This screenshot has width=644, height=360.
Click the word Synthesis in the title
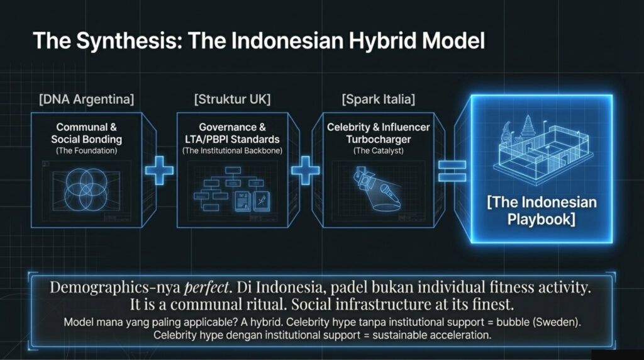coord(130,42)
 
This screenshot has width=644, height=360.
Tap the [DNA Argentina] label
coord(87,99)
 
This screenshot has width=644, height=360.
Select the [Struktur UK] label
coord(233,99)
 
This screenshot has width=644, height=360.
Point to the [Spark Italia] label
coord(378,99)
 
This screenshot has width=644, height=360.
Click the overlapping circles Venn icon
coord(87,189)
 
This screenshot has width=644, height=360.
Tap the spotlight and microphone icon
coord(377,189)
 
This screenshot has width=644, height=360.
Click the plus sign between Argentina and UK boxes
coord(159,170)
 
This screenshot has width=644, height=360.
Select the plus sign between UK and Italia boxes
coord(305,170)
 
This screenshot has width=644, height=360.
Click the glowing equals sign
coord(452,171)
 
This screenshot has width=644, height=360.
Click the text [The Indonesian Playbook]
coord(541,211)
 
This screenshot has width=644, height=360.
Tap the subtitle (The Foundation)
coord(87,151)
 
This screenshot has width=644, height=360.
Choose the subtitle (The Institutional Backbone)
coord(233,151)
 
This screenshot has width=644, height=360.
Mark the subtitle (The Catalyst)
coord(378,151)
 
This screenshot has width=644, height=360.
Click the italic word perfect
coord(206,287)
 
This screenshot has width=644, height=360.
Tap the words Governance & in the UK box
coord(233,127)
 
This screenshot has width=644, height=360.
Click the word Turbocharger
coord(378,139)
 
